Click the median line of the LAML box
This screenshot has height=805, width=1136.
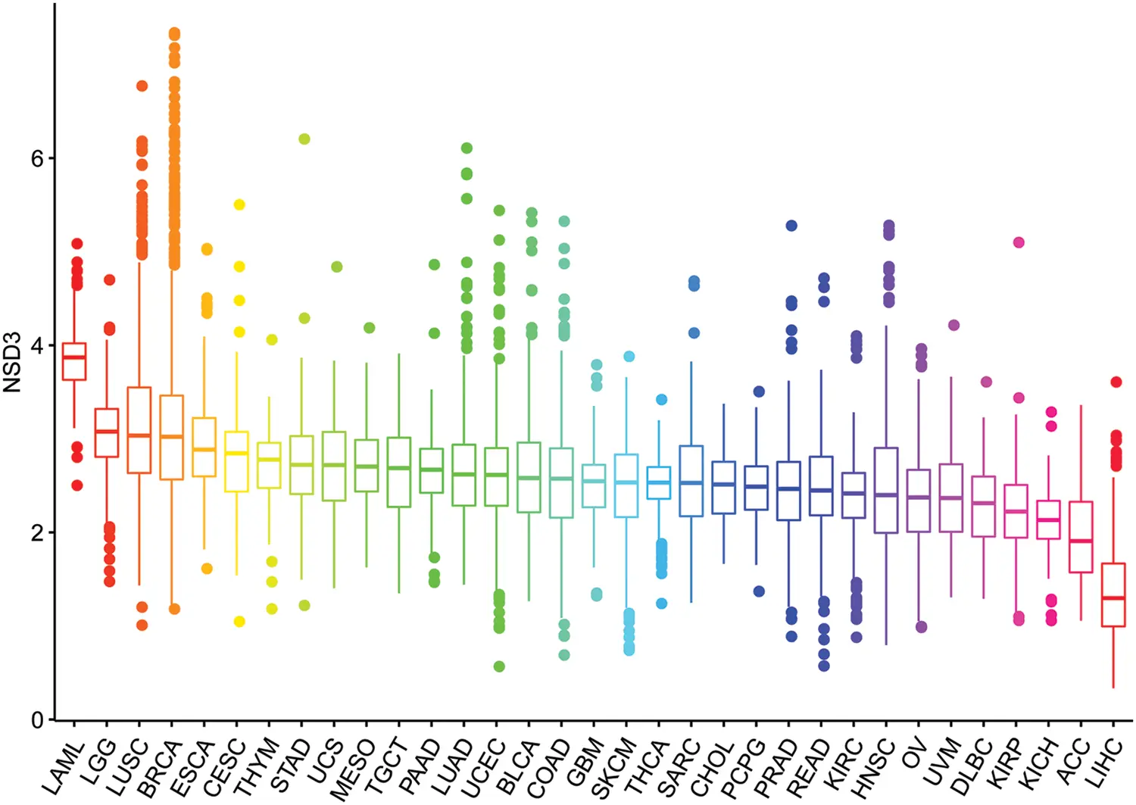[73, 357]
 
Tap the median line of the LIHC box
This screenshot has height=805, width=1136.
[1113, 598]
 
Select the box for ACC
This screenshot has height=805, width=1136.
[1081, 536]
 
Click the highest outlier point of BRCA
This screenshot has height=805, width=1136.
[174, 33]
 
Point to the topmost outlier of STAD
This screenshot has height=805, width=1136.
[304, 139]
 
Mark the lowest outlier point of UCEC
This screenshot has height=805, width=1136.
[499, 666]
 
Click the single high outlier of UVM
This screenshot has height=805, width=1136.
[954, 325]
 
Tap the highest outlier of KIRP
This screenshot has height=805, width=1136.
[1019, 242]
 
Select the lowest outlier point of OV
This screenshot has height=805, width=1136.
[921, 627]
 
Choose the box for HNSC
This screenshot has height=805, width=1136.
[886, 490]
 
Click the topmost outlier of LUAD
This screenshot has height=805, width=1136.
[467, 148]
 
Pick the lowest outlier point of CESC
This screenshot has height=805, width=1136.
[239, 622]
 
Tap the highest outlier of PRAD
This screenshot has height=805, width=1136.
[791, 226]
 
